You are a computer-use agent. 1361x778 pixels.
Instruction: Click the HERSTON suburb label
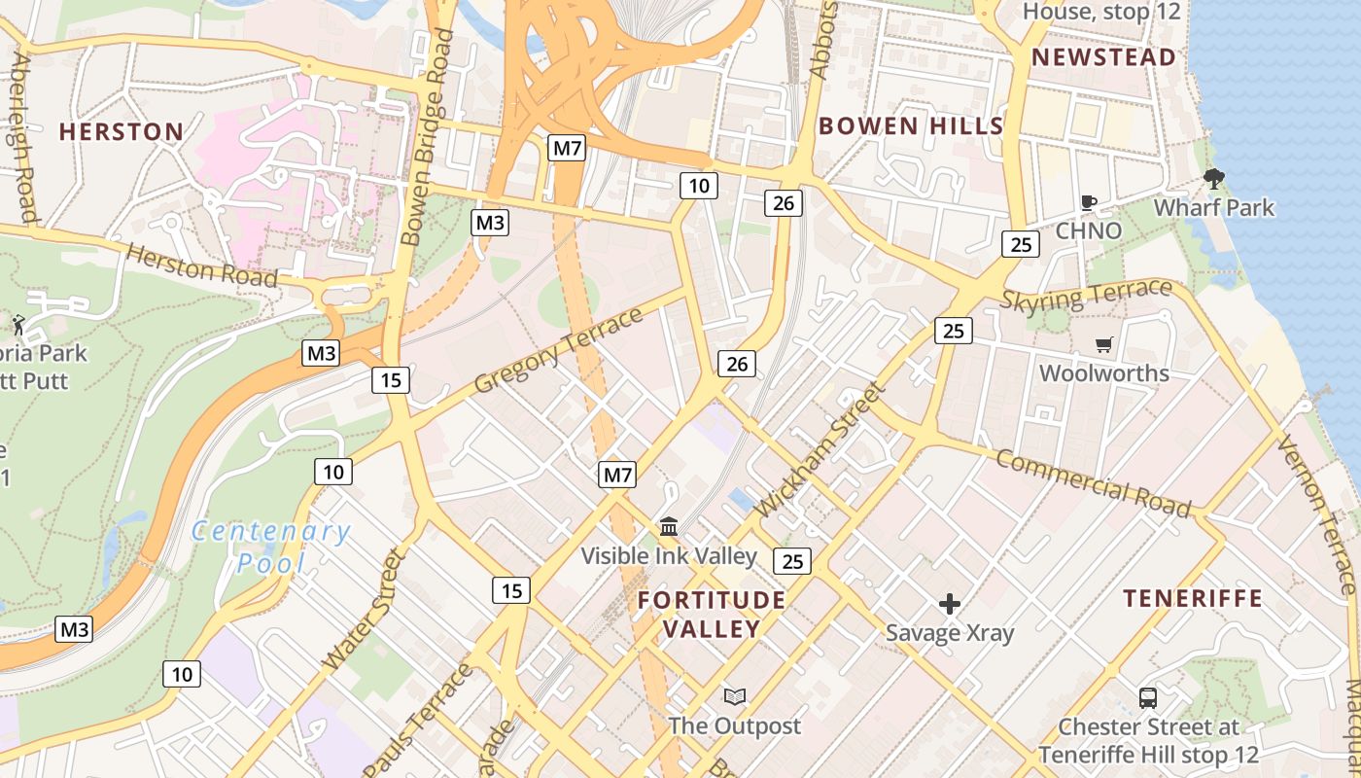[x=122, y=131]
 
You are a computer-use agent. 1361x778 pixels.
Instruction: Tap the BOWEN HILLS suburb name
[x=910, y=125]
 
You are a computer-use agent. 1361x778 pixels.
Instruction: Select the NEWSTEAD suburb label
[x=1103, y=57]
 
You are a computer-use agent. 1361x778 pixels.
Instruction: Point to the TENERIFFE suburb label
[x=1193, y=598]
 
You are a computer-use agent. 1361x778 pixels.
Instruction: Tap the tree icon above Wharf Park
[x=1213, y=179]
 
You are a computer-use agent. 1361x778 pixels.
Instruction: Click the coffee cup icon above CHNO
[x=1089, y=202]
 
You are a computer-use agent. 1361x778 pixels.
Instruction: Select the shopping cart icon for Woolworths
[x=1103, y=345]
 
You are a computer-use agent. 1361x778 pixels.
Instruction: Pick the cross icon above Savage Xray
[x=950, y=605]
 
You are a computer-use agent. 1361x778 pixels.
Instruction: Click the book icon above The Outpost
[x=735, y=696]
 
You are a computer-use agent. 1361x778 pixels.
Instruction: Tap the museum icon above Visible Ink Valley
[x=669, y=527]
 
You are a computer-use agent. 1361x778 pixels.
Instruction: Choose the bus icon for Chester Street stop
[x=1148, y=698]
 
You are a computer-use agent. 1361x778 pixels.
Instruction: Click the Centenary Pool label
[x=270, y=547]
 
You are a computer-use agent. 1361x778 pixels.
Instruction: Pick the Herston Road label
[x=201, y=265]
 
